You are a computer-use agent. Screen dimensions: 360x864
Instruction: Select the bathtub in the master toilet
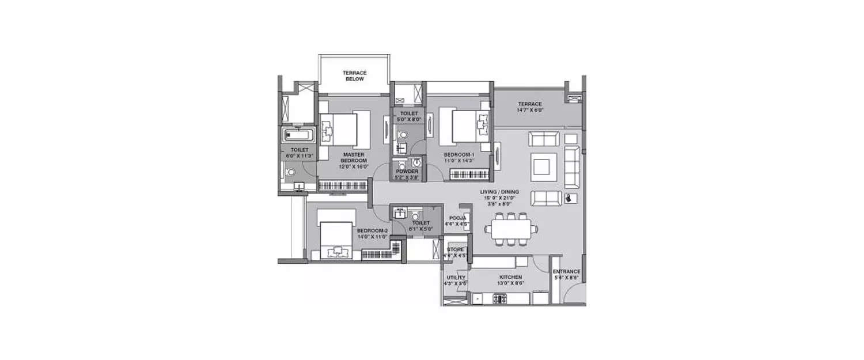point(297,137)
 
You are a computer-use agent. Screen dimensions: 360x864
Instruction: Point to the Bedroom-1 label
point(458,155)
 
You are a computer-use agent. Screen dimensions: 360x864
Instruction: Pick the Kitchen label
point(511,277)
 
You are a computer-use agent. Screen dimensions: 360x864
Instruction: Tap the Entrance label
point(566,271)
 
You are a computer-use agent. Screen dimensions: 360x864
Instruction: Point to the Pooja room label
point(458,218)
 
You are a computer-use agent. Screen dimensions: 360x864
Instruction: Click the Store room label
point(456,249)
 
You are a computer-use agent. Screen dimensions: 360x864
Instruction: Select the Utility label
point(455,277)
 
